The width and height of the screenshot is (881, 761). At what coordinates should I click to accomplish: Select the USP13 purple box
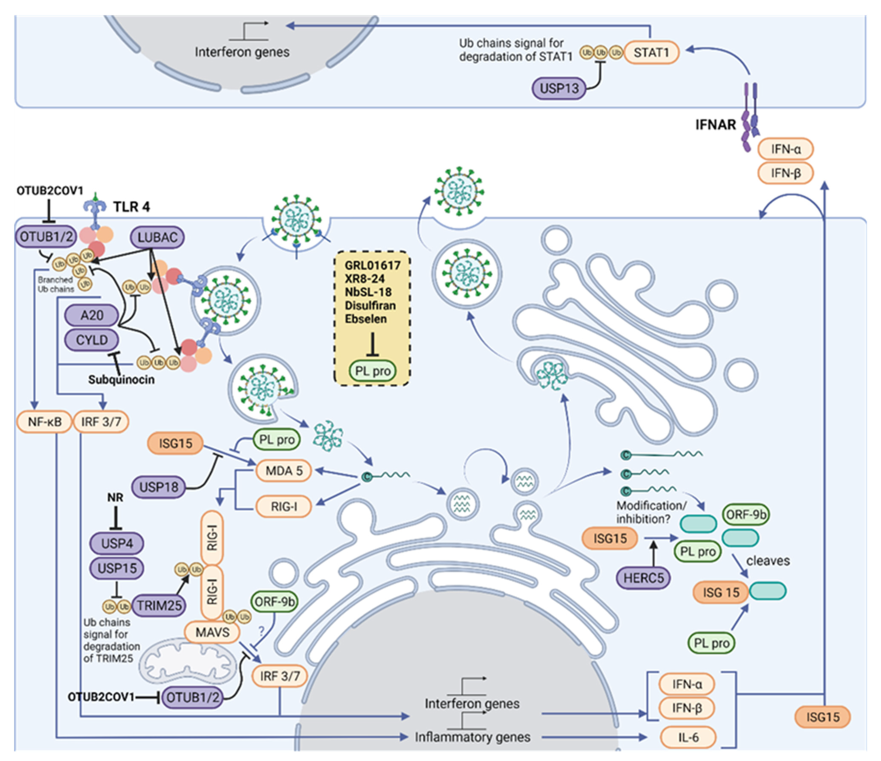pyautogui.click(x=559, y=88)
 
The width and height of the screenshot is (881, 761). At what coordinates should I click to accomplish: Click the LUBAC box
pyautogui.click(x=157, y=237)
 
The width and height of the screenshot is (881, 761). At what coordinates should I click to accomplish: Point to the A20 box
pyautogui.click(x=92, y=315)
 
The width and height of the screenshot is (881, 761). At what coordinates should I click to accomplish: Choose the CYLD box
pyautogui.click(x=92, y=340)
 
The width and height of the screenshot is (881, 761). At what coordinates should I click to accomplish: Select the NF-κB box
pyautogui.click(x=44, y=422)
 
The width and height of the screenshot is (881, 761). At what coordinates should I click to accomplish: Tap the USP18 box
pyautogui.click(x=159, y=487)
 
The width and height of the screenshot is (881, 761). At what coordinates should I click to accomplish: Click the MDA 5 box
pyautogui.click(x=284, y=471)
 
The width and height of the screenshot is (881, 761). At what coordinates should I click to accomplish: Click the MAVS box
pyautogui.click(x=212, y=632)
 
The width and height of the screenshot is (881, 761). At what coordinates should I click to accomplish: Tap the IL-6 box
pyautogui.click(x=688, y=737)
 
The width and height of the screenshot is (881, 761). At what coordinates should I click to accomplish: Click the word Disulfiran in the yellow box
pyautogui.click(x=370, y=306)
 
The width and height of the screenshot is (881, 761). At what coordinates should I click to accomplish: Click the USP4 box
pyautogui.click(x=117, y=544)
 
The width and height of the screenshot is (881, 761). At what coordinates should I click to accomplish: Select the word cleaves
pyautogui.click(x=768, y=561)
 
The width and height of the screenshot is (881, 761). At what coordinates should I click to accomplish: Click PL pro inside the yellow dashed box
pyautogui.click(x=373, y=371)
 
